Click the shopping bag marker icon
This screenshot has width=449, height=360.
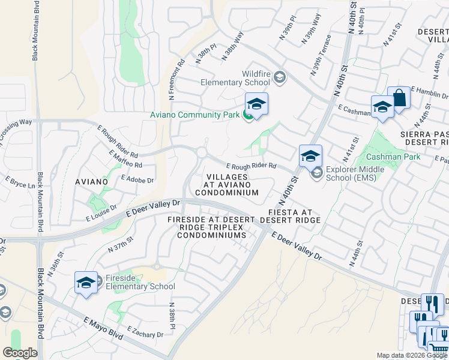tap(399, 98)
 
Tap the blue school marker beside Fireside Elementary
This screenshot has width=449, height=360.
tap(86, 283)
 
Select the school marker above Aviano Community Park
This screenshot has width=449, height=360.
tap(256, 104)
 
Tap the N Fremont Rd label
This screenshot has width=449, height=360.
tap(175, 79)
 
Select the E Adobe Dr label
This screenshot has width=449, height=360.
tap(137, 179)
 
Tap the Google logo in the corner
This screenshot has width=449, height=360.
tap(20, 352)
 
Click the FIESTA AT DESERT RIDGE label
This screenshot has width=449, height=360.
tap(291, 216)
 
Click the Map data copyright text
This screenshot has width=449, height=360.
tap(412, 355)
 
